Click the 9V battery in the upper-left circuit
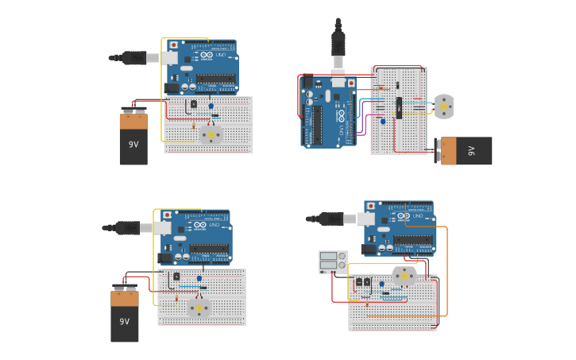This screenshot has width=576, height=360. (133, 140)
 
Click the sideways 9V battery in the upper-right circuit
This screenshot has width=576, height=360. (467, 150)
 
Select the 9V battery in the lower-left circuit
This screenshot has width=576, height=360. (125, 316)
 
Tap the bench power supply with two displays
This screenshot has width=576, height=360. (333, 262)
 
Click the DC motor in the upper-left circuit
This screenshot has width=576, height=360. (211, 134)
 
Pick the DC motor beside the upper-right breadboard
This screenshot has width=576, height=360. (443, 106)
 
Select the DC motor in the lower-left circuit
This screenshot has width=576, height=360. (198, 308)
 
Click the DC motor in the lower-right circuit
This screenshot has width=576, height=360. (404, 277)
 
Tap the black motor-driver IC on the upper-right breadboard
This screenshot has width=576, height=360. (399, 105)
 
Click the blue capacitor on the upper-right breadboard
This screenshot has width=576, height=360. (383, 122)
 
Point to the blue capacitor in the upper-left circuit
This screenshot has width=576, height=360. (211, 106)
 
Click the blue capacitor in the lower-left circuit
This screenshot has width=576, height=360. (199, 279)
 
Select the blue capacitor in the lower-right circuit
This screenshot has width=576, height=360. (381, 284)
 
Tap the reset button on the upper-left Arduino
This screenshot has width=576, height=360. (174, 45)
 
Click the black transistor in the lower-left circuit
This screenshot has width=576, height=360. (176, 276)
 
